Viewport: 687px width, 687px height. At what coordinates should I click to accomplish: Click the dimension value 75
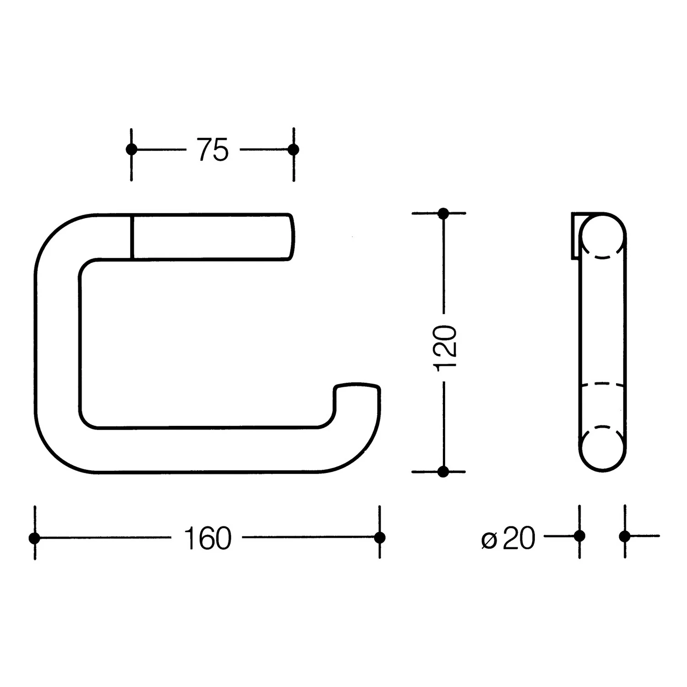pos(213,149)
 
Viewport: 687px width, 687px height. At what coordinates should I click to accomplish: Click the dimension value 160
pos(207,538)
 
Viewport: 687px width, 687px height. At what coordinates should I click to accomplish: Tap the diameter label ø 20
pos(508,538)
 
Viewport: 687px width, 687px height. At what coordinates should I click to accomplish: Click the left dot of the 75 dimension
pos(131,149)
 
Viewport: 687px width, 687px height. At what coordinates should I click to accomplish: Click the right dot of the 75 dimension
pos(294,149)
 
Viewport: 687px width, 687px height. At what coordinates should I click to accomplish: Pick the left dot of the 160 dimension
pos(34,538)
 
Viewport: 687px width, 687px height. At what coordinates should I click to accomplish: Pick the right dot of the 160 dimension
pos(380,538)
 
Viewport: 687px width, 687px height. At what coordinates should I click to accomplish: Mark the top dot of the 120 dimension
pos(443,213)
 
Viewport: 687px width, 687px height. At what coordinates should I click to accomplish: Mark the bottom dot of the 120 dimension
pos(443,472)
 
